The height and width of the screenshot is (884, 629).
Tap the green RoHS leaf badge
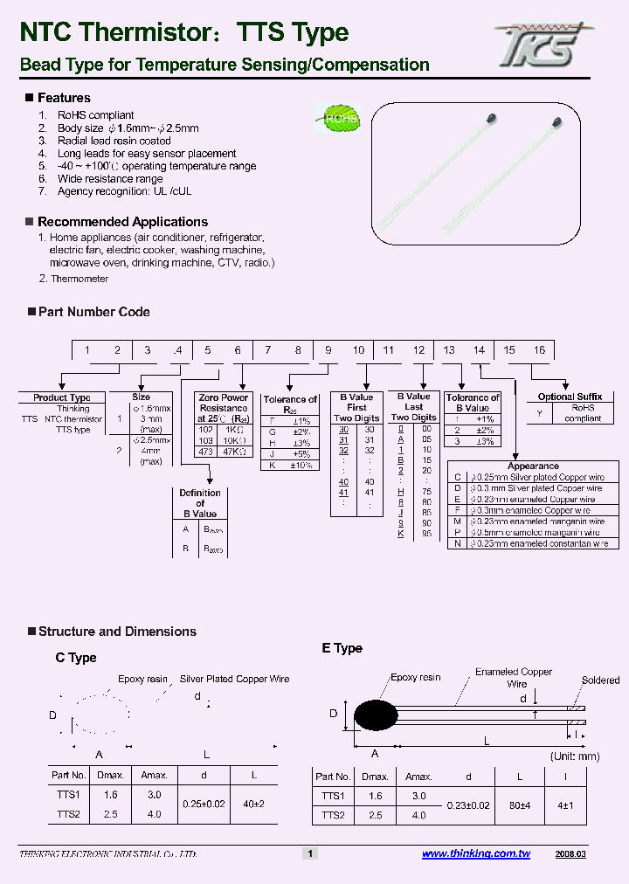coord(338,119)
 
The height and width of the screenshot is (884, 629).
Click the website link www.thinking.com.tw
coord(475,853)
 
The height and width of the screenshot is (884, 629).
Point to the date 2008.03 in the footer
coord(570,853)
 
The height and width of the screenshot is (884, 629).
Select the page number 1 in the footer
coord(308,853)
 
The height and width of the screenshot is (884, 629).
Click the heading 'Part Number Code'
coord(93,312)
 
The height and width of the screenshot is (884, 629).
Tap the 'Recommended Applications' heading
coord(122,222)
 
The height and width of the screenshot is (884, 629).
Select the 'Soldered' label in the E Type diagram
coord(600,680)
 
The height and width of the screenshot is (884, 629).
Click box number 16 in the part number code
coord(539,350)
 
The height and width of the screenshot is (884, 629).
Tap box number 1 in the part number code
coord(86,350)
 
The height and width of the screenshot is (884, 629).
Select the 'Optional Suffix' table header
coord(570,397)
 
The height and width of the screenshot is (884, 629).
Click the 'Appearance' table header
coord(533,466)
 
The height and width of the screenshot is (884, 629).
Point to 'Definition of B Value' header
coord(200,503)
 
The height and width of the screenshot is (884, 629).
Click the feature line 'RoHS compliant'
coord(95,115)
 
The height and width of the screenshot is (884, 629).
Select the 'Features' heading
coord(64,98)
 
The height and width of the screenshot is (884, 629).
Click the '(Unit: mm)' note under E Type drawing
coord(575,756)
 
